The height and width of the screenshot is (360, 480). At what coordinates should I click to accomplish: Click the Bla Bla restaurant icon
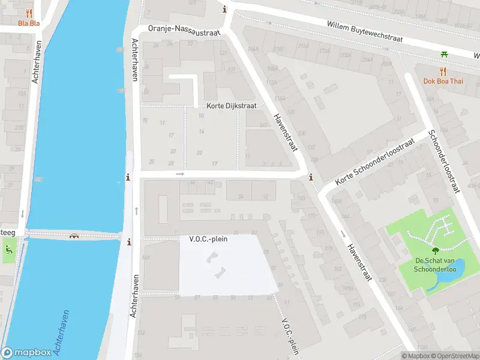pos(28,13)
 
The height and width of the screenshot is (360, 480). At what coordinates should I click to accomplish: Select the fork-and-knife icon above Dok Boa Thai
pos(443,71)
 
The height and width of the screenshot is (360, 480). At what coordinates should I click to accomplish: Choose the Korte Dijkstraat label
pos(231,106)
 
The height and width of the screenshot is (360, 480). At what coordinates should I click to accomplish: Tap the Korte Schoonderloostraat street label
pos(375,161)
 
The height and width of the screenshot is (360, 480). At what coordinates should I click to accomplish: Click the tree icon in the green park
pos(435,251)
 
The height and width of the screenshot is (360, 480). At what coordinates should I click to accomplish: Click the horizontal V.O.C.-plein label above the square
pos(208,239)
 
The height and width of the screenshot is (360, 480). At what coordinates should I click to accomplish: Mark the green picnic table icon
pos(444,55)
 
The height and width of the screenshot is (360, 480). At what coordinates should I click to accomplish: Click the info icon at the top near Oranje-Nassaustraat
pos(225,9)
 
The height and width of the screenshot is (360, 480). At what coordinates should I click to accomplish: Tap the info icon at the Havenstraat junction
pos(310,178)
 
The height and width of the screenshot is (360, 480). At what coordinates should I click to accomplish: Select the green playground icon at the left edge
pos(8,250)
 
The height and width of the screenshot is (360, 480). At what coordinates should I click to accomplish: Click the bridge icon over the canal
pos(74,235)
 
